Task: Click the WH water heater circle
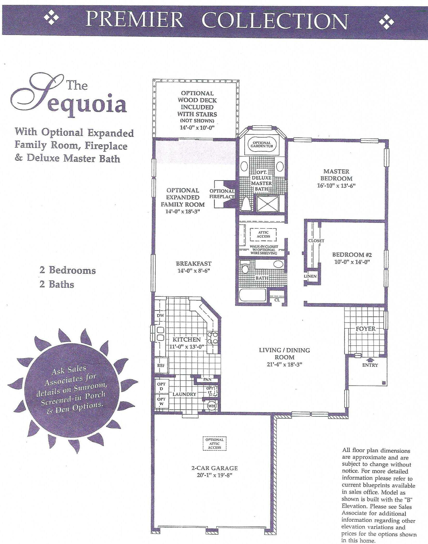[211, 406]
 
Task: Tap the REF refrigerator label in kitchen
[161, 365]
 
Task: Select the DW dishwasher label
[160, 315]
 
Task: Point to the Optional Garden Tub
[262, 145]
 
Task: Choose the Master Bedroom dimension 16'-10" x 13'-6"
[336, 186]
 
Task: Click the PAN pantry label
[207, 379]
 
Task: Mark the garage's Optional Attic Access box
[215, 444]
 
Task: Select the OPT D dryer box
[161, 386]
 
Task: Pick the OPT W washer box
[161, 401]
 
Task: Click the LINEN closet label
[310, 276]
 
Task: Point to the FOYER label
[366, 329]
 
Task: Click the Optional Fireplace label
[222, 194]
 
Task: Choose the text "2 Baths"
[57, 284]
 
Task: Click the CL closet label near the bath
[277, 300]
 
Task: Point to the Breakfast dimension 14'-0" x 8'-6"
[194, 271]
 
